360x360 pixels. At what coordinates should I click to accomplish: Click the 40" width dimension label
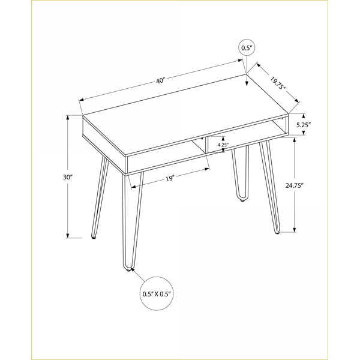[160, 81]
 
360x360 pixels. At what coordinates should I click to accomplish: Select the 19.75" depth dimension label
[278, 83]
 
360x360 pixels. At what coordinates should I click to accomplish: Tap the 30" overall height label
[67, 177]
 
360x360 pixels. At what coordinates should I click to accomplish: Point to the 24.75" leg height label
[295, 185]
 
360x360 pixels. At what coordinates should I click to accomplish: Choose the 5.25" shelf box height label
[303, 125]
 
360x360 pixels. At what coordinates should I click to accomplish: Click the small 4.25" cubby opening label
[222, 145]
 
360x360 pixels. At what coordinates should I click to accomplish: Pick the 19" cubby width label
[170, 178]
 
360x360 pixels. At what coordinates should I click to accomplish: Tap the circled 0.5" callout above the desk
[247, 48]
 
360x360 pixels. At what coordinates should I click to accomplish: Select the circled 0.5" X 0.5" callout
[157, 293]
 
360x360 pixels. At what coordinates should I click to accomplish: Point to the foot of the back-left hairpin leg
[94, 237]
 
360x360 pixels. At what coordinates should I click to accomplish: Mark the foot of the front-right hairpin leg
[277, 232]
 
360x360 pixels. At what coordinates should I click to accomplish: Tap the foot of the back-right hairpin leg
[242, 200]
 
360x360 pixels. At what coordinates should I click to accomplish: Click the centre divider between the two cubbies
[206, 145]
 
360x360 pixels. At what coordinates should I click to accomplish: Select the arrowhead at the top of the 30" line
[68, 118]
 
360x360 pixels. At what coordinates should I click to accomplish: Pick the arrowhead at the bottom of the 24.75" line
[295, 230]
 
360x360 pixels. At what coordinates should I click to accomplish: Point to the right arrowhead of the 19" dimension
[208, 169]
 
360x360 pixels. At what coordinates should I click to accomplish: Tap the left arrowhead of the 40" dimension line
[81, 100]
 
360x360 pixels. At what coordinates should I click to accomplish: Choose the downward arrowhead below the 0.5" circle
[247, 83]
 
